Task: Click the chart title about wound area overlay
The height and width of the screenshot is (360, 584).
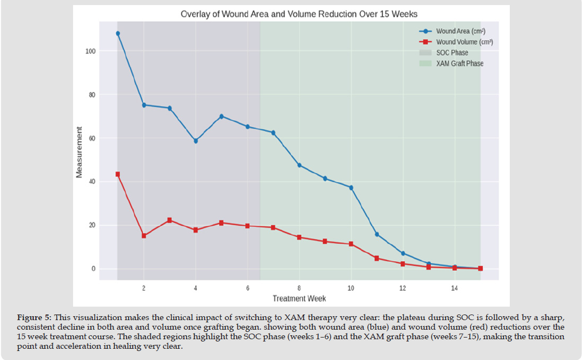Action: [x=298, y=13]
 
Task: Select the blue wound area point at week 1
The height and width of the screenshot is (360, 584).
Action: [x=117, y=33]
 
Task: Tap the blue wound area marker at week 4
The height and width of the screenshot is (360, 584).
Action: [x=196, y=141]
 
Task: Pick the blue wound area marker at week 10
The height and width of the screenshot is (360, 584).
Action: [x=351, y=188]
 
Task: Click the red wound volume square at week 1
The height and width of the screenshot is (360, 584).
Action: [x=117, y=174]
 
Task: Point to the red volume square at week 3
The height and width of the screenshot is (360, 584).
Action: [x=169, y=220]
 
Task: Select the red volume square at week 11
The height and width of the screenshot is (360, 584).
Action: [x=377, y=258]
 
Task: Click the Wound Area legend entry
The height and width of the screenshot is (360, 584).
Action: [x=460, y=31]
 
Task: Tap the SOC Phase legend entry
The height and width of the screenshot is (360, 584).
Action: [x=451, y=53]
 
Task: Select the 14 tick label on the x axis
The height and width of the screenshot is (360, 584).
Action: [x=455, y=288]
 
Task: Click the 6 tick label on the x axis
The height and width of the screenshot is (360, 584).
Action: [x=247, y=288]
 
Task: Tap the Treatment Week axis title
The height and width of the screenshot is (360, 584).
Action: [x=299, y=298]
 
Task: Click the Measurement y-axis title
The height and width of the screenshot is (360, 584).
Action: [x=80, y=153]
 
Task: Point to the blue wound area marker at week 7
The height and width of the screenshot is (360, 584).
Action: [x=273, y=133]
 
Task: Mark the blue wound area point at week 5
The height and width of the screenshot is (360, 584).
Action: [x=221, y=116]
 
